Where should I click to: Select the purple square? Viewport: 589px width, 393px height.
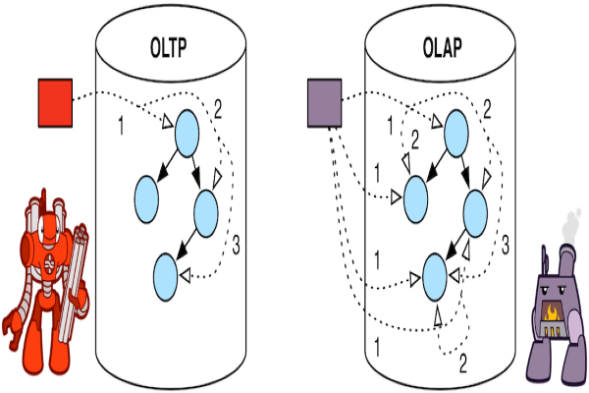click(x=323, y=101)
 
